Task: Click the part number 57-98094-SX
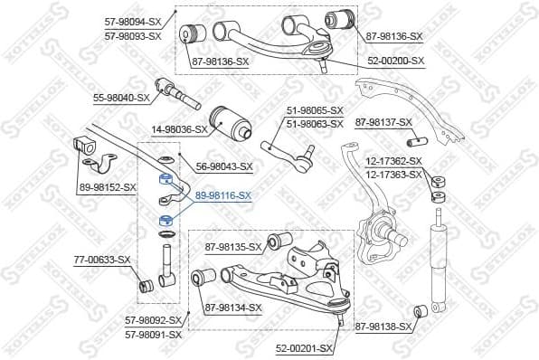(x=133, y=22)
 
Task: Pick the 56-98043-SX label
(x=223, y=166)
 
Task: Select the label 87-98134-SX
(x=232, y=308)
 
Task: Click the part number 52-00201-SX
(x=306, y=347)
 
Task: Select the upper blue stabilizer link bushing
(x=165, y=178)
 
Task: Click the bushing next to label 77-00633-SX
(x=144, y=288)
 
